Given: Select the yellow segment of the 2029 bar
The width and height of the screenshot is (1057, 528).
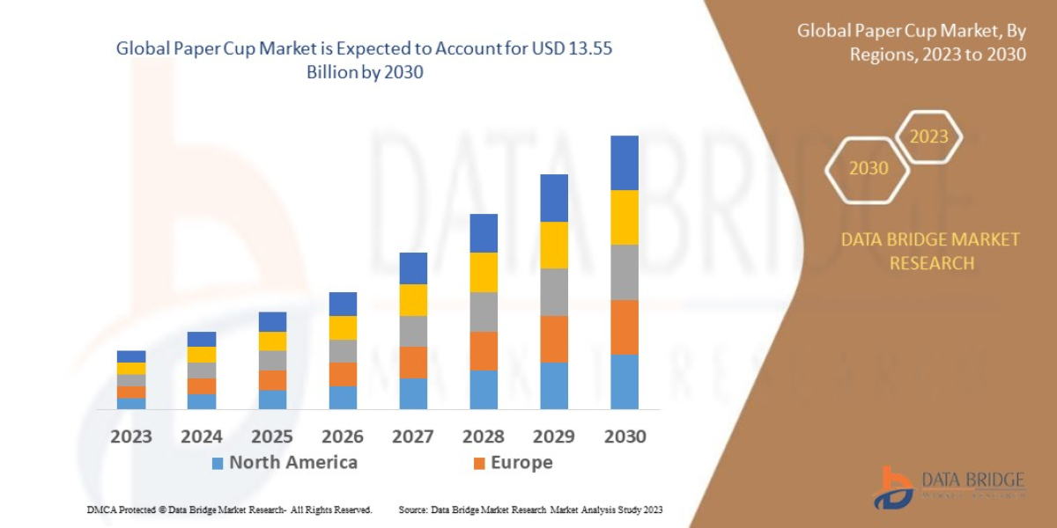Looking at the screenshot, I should tap(553, 245).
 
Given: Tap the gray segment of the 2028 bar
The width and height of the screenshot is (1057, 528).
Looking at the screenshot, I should tap(483, 312).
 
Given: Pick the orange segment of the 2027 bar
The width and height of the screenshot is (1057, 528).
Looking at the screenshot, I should tap(413, 362).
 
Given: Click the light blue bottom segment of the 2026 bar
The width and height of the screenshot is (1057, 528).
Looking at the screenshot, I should tap(343, 398).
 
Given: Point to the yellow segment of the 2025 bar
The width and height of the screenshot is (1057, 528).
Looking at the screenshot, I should tap(272, 341).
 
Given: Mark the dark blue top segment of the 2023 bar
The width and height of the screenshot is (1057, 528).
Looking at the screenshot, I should tap(131, 356).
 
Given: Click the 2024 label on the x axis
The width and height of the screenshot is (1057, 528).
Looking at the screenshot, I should tap(202, 436).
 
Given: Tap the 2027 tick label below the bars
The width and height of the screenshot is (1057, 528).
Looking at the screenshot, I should tap(413, 436).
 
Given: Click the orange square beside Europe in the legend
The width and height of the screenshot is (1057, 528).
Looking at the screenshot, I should tap(479, 463).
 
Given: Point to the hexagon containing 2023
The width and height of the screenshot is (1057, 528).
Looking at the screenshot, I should tap(928, 137).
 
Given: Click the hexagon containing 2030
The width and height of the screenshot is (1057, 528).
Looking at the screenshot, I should tap(869, 168).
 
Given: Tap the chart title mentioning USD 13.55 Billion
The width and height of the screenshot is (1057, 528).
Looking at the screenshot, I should tap(365, 61).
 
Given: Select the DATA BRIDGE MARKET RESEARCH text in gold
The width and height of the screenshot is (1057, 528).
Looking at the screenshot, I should tap(930, 251).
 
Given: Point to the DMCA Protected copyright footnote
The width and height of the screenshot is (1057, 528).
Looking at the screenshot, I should tap(229, 510).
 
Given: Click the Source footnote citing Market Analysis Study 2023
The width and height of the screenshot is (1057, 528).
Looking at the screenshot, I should tap(530, 510).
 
